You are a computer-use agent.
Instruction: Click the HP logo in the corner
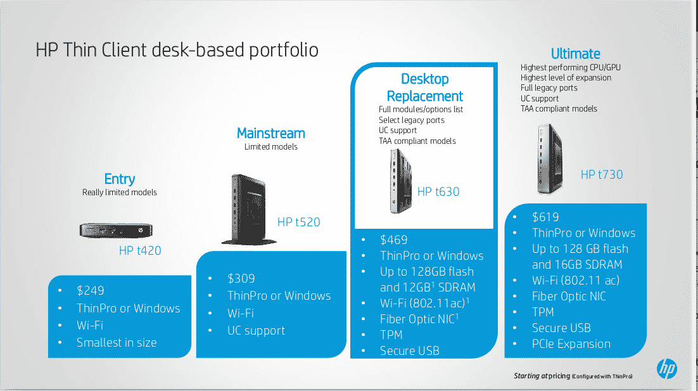click(666, 369)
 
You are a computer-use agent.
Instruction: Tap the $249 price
click(91, 290)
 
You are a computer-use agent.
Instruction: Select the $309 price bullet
click(241, 278)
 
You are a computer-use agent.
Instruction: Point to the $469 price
click(393, 240)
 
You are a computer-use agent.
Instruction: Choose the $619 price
click(545, 217)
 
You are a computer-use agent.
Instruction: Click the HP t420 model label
click(140, 250)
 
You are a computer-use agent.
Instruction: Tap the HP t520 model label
click(299, 222)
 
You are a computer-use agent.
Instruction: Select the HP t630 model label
click(438, 191)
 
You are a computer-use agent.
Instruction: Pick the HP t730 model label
click(601, 174)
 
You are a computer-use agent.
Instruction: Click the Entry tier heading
click(119, 179)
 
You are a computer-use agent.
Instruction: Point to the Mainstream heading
click(270, 133)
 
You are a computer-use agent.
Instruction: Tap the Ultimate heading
click(576, 53)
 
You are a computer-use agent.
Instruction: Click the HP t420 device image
click(116, 230)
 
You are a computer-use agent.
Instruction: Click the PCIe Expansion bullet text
click(571, 344)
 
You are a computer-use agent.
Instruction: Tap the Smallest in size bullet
click(117, 342)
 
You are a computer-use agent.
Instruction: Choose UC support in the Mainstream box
click(256, 330)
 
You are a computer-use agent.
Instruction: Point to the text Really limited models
click(119, 193)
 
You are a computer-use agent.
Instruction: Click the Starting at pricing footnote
click(573, 376)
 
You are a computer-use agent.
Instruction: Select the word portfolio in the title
click(284, 50)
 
